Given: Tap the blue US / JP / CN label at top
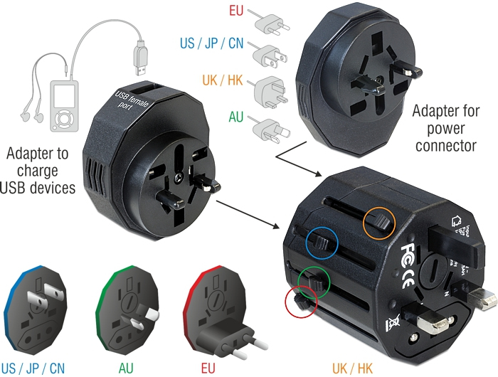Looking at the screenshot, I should (x=211, y=43).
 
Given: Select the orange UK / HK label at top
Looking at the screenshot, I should (x=223, y=80).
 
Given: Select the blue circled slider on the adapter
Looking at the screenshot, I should (x=323, y=243).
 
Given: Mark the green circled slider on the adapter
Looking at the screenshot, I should (x=314, y=282).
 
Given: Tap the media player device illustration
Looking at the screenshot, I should (x=65, y=105).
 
